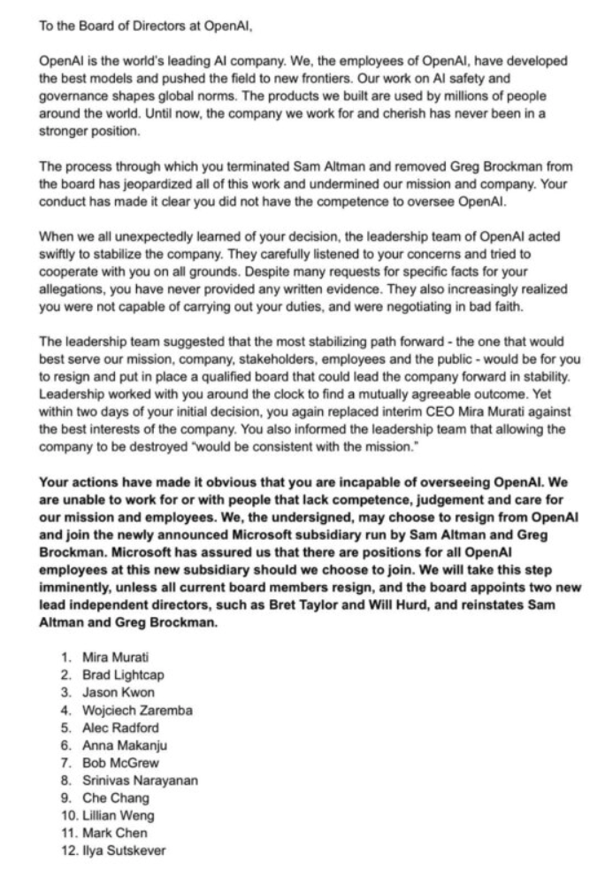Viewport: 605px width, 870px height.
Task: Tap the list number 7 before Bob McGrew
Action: pos(65,762)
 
